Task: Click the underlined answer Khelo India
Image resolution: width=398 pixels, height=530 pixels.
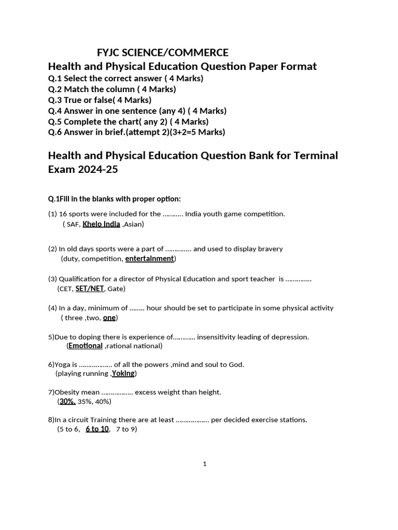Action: (101, 224)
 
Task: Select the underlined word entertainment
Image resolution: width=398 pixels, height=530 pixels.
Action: (149, 258)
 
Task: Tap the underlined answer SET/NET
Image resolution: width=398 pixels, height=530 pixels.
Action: (90, 288)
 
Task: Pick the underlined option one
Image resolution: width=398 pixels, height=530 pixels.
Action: (109, 318)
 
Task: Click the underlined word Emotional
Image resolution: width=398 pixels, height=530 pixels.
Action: (86, 346)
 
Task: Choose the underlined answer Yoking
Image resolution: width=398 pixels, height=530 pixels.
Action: (123, 373)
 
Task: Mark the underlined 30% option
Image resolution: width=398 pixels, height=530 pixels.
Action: (67, 401)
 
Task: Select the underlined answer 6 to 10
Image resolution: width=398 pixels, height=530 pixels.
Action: (97, 429)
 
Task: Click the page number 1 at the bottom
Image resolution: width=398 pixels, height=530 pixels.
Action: (205, 464)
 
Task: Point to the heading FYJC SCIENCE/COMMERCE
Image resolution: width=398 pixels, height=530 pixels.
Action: (163, 53)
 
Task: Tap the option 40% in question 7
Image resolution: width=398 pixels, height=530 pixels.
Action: (102, 401)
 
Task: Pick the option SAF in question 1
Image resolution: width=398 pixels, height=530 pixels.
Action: (73, 224)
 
